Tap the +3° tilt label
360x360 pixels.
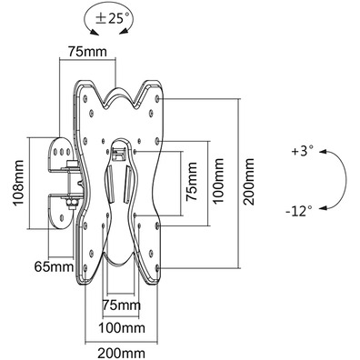[x=302, y=151]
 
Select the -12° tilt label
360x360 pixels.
[x=299, y=211]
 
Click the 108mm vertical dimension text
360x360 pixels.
[x=19, y=183]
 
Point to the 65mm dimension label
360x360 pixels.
[x=54, y=267]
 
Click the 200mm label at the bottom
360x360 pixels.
[x=121, y=354]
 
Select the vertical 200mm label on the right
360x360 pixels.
[x=249, y=182]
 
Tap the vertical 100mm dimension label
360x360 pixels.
[x=218, y=181]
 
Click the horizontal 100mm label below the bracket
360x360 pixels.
[x=122, y=327]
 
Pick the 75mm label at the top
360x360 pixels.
[x=87, y=52]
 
